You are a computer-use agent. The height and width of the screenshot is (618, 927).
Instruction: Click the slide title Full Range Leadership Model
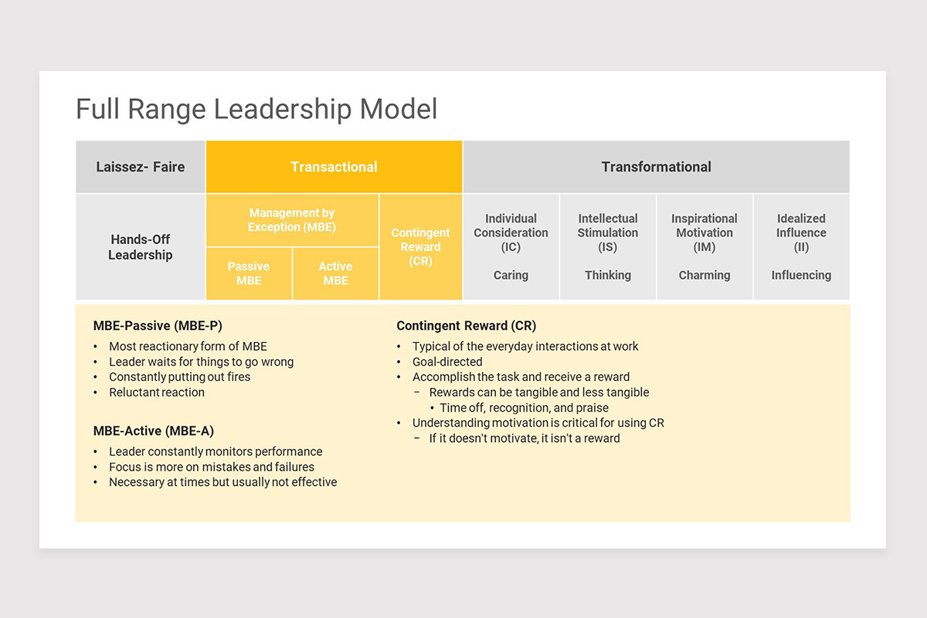[256, 109]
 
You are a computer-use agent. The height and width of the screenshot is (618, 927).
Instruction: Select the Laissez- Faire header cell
[140, 167]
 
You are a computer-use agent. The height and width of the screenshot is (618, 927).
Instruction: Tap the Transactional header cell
[334, 167]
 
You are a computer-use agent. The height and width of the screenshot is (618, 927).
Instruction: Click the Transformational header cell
[656, 167]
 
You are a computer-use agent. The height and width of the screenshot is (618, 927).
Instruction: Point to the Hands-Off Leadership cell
[140, 247]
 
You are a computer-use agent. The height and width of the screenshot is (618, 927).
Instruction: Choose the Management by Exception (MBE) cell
[291, 220]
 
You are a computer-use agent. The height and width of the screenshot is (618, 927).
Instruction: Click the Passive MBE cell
[249, 273]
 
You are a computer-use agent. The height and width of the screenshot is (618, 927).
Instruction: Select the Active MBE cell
[335, 273]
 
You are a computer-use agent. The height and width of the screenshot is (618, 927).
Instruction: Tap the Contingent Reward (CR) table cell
[420, 247]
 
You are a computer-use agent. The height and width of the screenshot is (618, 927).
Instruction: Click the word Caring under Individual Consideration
[511, 275]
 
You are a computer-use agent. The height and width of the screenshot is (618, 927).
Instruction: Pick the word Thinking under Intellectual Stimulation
[607, 275]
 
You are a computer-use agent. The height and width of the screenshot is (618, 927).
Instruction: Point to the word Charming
[704, 275]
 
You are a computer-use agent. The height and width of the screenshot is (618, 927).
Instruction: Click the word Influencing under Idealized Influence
[801, 275]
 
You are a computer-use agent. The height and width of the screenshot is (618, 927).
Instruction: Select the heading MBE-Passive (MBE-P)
[158, 326]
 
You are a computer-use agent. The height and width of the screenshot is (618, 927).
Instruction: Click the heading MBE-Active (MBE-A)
[153, 431]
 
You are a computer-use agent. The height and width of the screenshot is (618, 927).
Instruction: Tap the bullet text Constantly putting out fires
[179, 377]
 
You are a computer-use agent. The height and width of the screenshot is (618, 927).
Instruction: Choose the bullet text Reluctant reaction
[157, 392]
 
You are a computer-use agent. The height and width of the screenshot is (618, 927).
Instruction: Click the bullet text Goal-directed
[447, 362]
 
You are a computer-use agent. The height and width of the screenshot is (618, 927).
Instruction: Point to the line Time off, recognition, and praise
[524, 408]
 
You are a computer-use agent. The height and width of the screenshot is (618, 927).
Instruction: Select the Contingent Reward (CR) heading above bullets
[466, 326]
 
